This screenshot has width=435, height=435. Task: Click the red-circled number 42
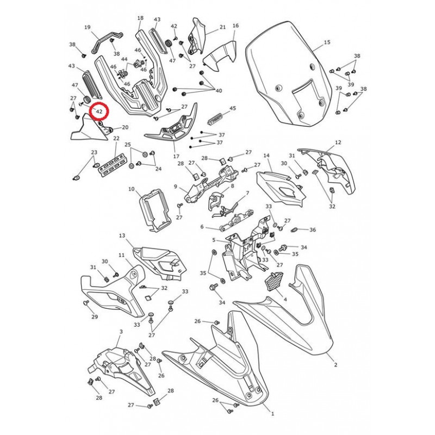100,112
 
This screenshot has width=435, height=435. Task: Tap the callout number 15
327,42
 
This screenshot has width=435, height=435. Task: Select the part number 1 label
272,414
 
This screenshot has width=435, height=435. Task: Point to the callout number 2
335,365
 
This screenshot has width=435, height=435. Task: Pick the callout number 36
313,229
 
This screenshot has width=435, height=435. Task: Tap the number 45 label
233,108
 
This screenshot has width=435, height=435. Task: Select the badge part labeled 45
216,119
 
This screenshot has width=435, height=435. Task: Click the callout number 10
131,189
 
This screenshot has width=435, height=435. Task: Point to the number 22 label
116,138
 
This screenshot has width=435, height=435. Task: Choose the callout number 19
88,27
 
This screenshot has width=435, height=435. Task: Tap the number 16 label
235,26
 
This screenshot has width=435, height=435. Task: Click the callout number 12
338,142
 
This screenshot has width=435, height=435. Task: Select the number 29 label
95,316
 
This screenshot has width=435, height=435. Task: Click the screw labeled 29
86,302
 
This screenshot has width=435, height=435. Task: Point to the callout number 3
121,332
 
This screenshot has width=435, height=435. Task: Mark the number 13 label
122,235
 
